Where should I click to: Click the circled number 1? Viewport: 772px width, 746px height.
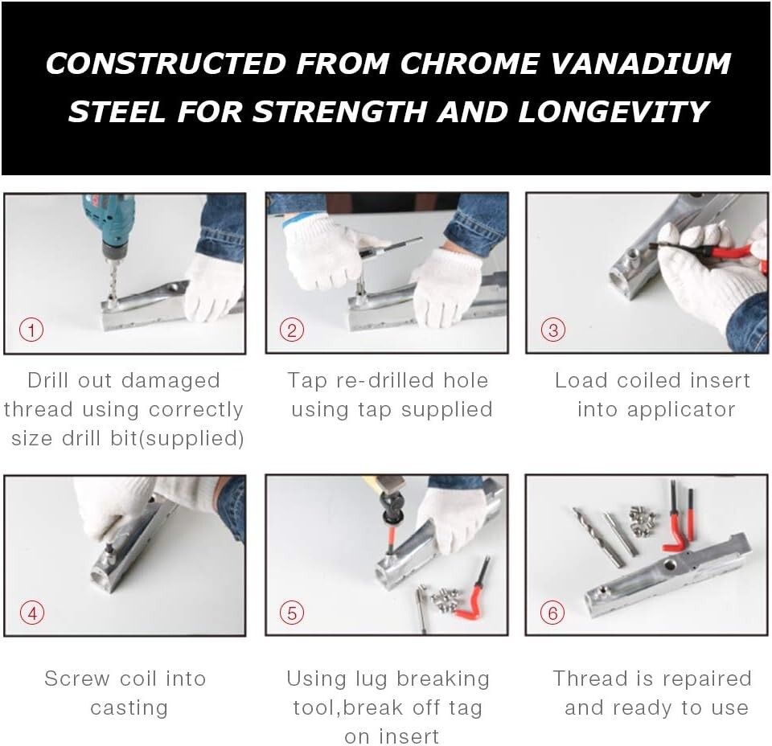pos(31,330)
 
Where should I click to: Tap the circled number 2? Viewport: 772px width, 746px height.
pos(292,330)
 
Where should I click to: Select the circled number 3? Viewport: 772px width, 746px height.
pos(553,330)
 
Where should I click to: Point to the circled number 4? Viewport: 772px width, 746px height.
pos(32,613)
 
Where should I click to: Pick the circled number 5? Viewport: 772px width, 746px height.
pos(292,613)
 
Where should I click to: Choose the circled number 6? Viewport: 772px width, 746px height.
pos(552,613)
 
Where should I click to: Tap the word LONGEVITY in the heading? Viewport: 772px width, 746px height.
pos(614,111)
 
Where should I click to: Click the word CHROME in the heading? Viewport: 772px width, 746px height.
pos(469,64)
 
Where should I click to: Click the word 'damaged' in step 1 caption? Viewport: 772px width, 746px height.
pos(170,381)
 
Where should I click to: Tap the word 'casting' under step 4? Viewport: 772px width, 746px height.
pos(129,708)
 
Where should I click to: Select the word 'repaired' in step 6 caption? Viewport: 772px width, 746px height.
pos(705,679)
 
